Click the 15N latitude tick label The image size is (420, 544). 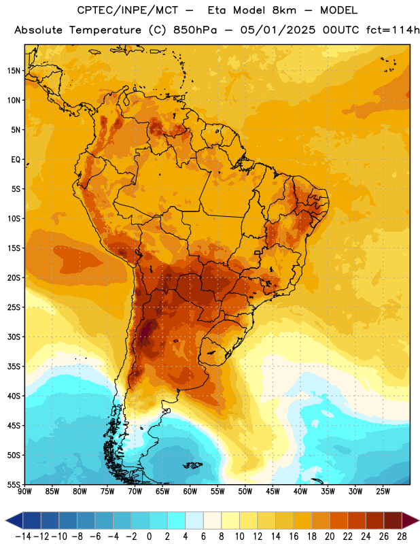(x=14, y=71)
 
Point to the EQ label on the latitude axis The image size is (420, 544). (x=16, y=160)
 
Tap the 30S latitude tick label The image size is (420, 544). (x=14, y=337)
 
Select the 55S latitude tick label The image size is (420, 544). (x=14, y=484)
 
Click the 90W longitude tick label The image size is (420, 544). (x=25, y=491)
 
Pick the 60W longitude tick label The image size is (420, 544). (x=190, y=491)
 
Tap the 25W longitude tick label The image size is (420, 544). (x=383, y=491)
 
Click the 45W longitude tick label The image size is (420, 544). (x=273, y=491)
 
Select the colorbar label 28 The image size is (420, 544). (x=402, y=537)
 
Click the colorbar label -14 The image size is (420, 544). (x=23, y=537)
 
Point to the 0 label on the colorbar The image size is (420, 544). (x=149, y=537)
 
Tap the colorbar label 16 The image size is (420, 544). (x=294, y=537)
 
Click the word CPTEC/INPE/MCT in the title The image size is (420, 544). (x=128, y=10)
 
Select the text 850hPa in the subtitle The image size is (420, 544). (x=194, y=30)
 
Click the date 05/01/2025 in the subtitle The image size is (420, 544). (x=278, y=30)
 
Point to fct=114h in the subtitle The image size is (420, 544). (x=393, y=30)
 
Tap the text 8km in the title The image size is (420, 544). (x=284, y=10)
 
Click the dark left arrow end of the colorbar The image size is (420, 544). (x=14, y=520)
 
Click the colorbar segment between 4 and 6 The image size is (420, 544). (x=194, y=520)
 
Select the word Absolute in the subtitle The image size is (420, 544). (x=38, y=30)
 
